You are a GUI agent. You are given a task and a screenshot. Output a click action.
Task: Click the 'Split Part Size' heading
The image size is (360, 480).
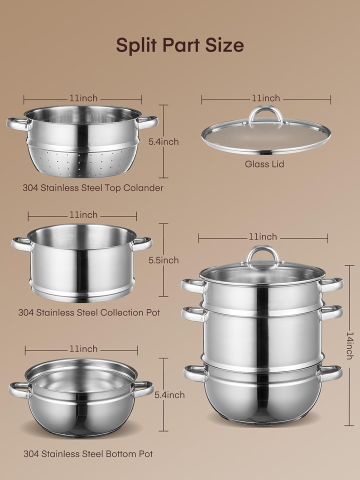[180, 45]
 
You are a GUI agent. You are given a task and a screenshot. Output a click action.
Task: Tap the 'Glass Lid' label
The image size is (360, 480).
[264, 164]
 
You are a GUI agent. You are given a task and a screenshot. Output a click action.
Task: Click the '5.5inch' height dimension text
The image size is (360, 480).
[163, 260]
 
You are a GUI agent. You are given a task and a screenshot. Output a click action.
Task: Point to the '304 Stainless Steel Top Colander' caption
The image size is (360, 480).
[93, 188]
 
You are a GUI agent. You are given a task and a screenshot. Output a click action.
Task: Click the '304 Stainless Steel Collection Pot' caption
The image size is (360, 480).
[89, 312]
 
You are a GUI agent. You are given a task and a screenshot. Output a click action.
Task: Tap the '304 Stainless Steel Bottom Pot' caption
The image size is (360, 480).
[88, 454]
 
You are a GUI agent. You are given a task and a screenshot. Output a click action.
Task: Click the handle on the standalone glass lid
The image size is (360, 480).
[266, 114]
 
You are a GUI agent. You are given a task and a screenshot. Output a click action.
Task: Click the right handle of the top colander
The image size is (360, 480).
[148, 121]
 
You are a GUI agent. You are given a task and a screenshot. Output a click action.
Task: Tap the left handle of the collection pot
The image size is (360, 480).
[21, 244]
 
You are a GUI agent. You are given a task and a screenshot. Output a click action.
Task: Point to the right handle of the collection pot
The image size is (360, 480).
[142, 243]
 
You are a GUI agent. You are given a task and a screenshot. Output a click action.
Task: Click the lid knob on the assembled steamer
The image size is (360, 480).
[263, 255]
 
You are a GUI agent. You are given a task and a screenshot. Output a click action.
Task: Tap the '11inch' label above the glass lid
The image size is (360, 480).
[266, 98]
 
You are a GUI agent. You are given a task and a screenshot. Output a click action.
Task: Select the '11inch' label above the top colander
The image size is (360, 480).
[83, 98]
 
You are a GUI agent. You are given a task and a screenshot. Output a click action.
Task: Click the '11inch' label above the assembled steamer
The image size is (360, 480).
[263, 236]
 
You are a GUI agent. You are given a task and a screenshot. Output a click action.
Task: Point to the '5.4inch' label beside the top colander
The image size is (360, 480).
[163, 142]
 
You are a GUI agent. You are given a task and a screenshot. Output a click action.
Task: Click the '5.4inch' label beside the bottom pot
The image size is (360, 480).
[169, 395]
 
